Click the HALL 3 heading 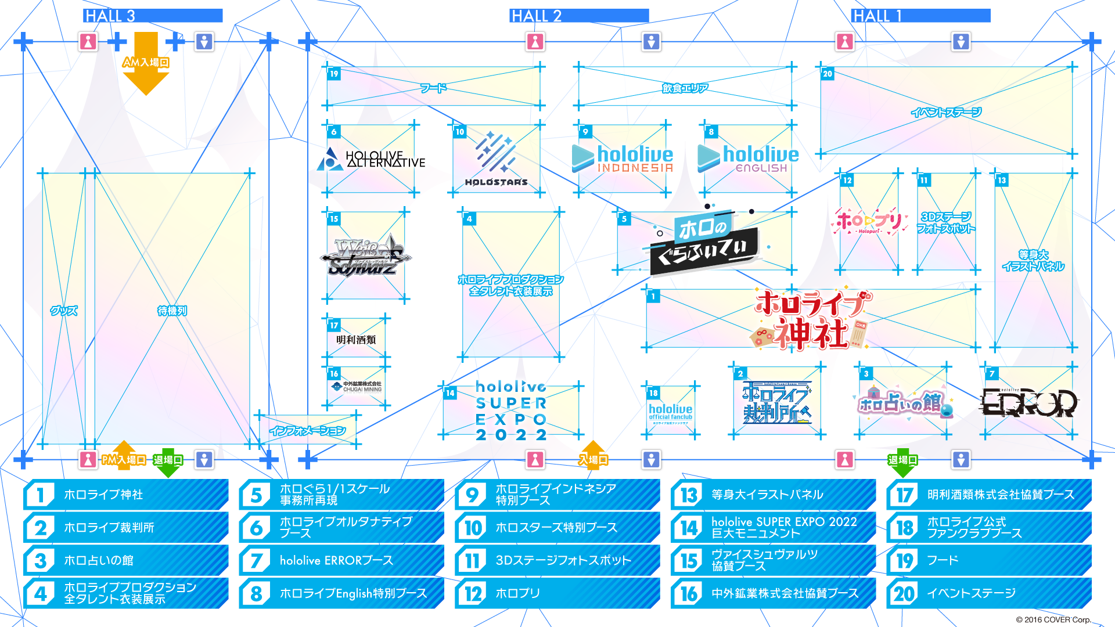tap(110, 16)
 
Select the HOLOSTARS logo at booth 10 tap(495, 159)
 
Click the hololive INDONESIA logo tap(623, 158)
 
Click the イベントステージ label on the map tap(946, 112)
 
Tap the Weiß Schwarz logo tap(365, 257)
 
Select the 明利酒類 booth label tap(356, 340)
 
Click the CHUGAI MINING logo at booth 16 tap(357, 386)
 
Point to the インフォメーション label tap(308, 431)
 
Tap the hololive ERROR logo tap(1028, 403)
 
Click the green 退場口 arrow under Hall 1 tap(902, 462)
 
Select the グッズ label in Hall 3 tap(64, 311)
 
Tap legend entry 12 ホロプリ tap(557, 593)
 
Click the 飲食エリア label tap(685, 88)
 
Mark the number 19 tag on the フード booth tap(334, 74)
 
